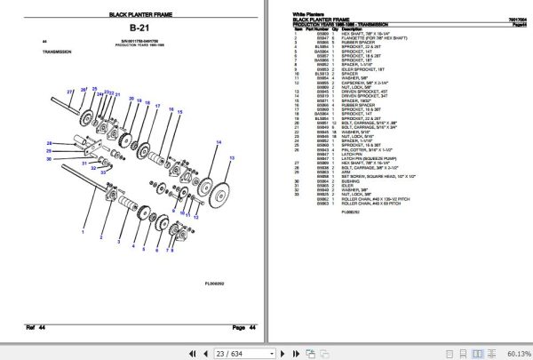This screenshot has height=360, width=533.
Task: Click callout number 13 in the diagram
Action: pyautogui.click(x=233, y=156)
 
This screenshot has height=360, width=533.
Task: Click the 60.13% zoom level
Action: pyautogui.click(x=517, y=352)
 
